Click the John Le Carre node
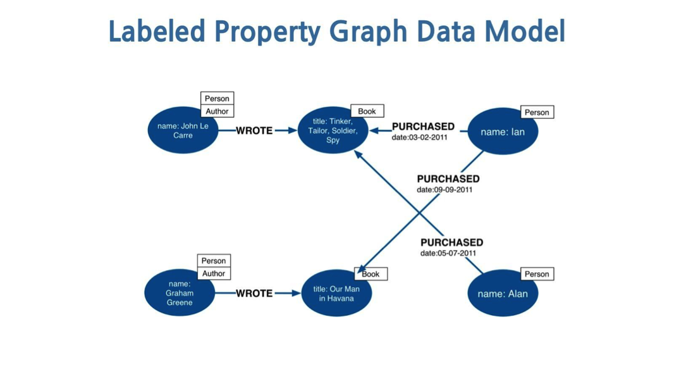(x=183, y=130)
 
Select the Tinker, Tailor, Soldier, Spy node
(x=333, y=130)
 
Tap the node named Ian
(x=502, y=132)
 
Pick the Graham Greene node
(x=180, y=293)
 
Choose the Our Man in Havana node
(x=336, y=294)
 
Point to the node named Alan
(x=503, y=294)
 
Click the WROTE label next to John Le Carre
(x=254, y=130)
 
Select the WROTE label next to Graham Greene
(x=254, y=293)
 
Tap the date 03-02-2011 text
(x=419, y=137)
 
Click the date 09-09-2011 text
(x=444, y=189)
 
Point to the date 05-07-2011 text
(x=448, y=253)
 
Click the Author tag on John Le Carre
(x=217, y=111)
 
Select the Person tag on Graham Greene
(x=214, y=261)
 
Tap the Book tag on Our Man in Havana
(x=371, y=274)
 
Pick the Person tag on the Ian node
(x=537, y=113)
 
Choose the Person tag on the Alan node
(x=537, y=274)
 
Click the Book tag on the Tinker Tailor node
(x=367, y=111)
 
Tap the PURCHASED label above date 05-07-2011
(x=451, y=242)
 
